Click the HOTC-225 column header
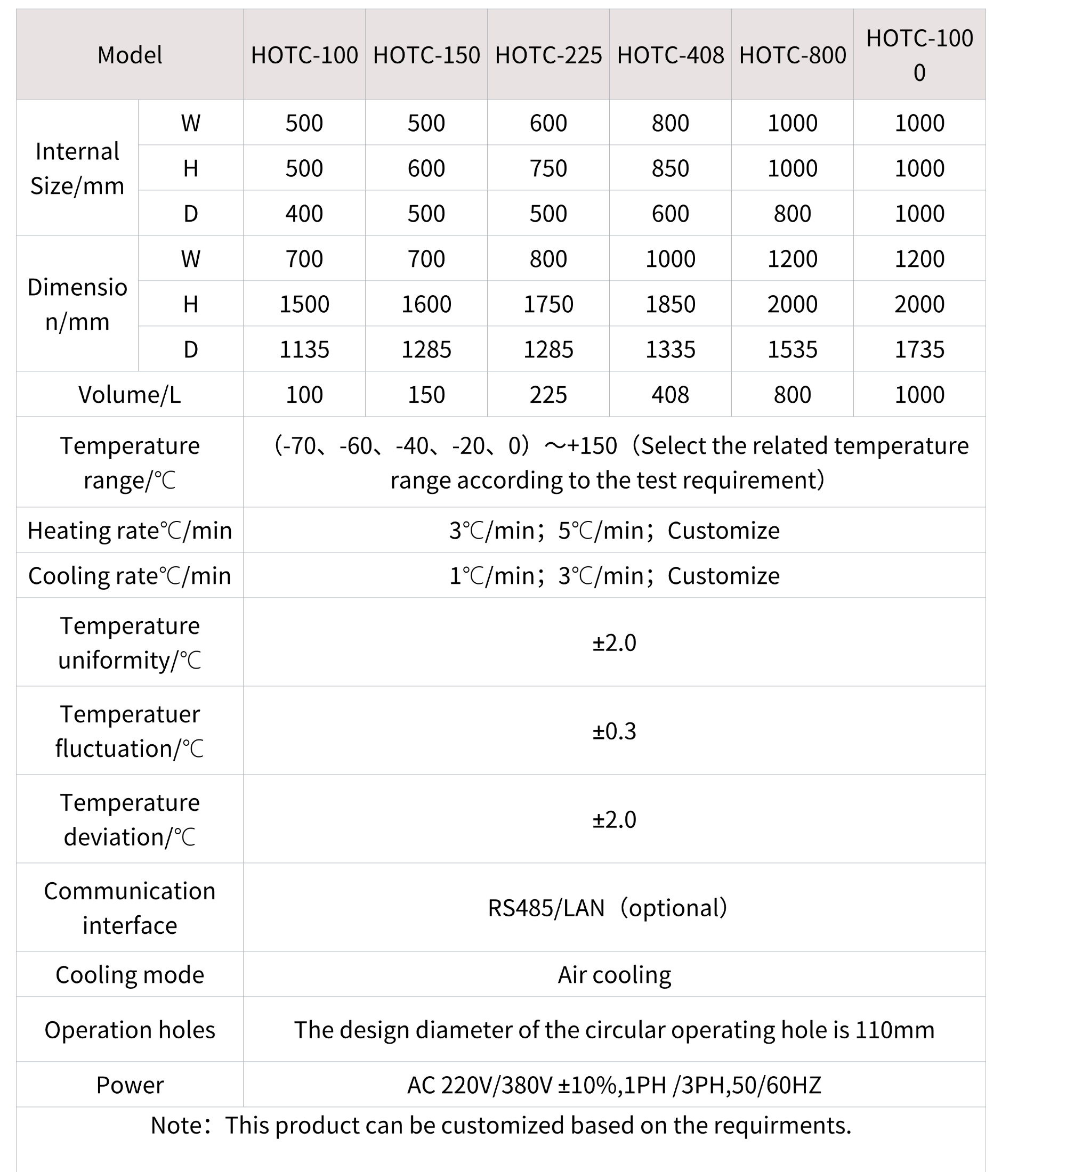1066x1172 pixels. (x=548, y=55)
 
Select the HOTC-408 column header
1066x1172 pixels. (x=670, y=55)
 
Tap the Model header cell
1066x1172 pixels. (x=130, y=55)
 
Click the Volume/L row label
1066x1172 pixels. (x=130, y=395)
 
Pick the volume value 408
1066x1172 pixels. (x=670, y=395)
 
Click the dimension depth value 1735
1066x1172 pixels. (x=919, y=349)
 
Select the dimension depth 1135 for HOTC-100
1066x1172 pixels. (x=304, y=349)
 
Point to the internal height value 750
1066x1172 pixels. (x=548, y=168)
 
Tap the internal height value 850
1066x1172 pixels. (x=670, y=168)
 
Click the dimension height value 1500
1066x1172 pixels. (x=304, y=304)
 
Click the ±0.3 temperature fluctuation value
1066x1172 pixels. (x=614, y=731)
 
